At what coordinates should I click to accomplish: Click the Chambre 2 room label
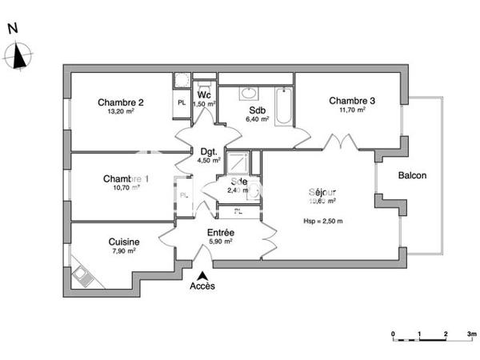[x=121, y=102]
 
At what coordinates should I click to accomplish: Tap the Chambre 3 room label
[x=352, y=100]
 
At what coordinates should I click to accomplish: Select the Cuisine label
[x=124, y=242]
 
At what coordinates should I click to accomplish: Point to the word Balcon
[x=413, y=176]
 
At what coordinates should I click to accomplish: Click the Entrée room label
[x=220, y=232]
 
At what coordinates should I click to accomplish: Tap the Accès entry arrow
[x=202, y=274]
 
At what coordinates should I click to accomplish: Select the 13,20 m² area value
[x=121, y=112]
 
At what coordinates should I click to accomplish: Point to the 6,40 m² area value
[x=257, y=120]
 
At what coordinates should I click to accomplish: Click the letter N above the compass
[x=12, y=28]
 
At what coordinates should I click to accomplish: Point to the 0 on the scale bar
[x=393, y=331]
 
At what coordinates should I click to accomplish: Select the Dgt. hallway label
[x=209, y=150]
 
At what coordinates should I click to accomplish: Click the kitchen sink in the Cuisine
[x=83, y=275]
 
